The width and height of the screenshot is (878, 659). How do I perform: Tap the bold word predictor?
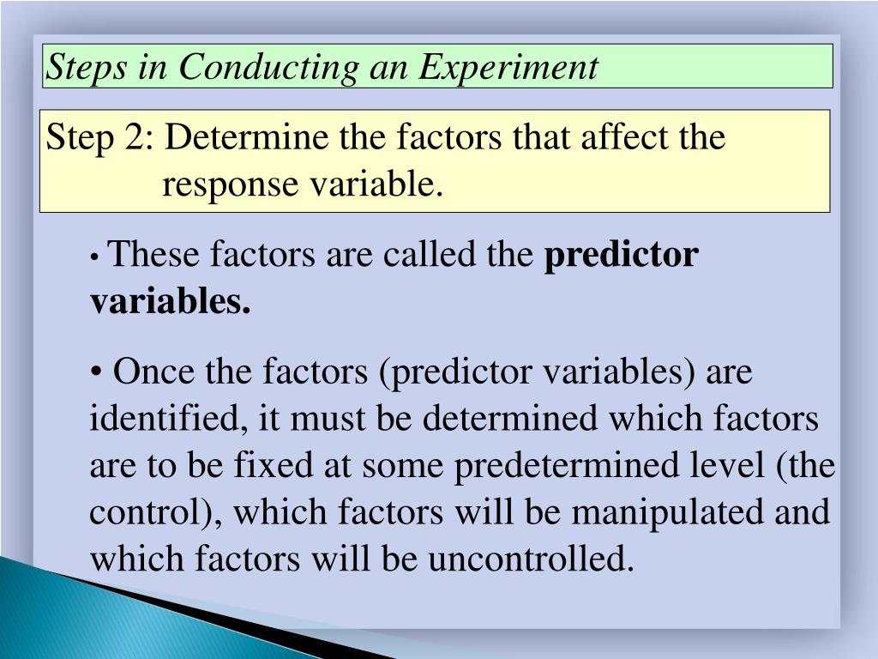(622, 255)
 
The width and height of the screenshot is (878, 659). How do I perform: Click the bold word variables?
(171, 302)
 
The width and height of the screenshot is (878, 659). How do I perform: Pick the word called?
(429, 255)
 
